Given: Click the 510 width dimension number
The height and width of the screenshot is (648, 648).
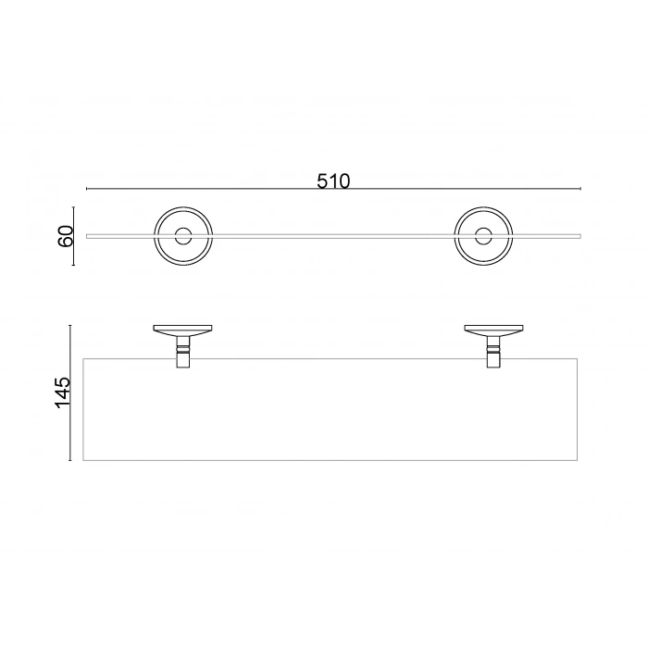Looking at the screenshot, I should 333,181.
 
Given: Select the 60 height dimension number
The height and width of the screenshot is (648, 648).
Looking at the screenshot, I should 66,236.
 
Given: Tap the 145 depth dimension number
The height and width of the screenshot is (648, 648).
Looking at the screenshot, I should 62,393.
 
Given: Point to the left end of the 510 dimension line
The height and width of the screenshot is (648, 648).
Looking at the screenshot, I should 87,189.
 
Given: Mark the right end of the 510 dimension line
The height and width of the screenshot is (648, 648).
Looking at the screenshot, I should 580,189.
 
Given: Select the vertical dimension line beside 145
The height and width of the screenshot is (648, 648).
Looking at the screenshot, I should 71,393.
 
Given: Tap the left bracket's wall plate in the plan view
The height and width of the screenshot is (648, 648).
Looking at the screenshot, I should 183,329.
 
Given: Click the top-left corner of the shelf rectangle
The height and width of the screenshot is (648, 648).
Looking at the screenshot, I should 84,358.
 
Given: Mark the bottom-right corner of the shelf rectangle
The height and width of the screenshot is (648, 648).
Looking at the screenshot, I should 577,460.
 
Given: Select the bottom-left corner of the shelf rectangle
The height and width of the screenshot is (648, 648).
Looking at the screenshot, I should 84,460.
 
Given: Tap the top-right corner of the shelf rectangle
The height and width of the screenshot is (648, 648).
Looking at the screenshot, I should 577,358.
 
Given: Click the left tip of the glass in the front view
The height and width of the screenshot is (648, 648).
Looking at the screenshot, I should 87,236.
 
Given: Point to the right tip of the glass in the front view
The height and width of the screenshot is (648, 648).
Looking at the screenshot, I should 580,236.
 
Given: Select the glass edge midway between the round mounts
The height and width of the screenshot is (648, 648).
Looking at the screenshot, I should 333,236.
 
